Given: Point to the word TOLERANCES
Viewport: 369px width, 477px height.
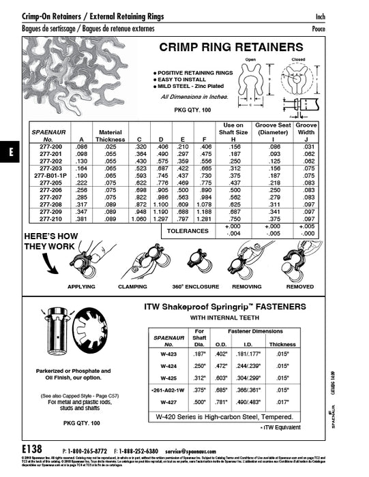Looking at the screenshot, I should tap(188, 231).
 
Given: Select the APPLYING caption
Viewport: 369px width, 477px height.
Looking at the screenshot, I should tap(81, 287).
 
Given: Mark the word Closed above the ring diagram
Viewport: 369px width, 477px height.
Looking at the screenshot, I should tap(299, 60).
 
